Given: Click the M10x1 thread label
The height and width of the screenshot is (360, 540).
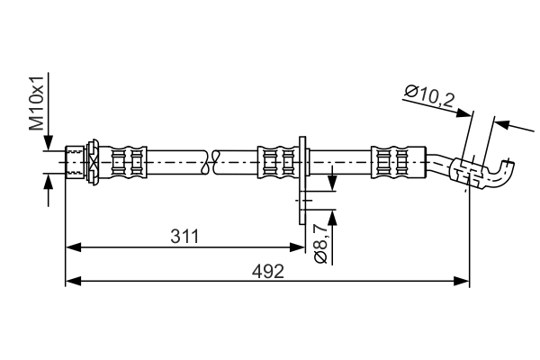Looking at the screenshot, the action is pos(37,103).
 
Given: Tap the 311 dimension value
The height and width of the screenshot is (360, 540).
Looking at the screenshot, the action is pos(184,237).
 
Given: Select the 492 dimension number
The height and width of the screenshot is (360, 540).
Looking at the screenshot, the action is pos(268,272).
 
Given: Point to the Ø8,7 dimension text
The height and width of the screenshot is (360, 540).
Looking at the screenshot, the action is pos(320,243).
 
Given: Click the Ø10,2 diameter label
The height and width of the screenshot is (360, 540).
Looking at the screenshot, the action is pos(430,97).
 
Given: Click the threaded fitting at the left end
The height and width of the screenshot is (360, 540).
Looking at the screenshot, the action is pos(75,162).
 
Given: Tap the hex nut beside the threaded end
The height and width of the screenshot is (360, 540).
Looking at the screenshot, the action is pos(93,162).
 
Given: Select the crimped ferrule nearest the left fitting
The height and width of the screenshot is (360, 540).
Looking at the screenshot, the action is pos(128,162).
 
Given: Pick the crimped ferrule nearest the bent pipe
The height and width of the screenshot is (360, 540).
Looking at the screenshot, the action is pos(399,162).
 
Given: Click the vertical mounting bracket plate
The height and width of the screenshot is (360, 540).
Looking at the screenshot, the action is pos(302,180).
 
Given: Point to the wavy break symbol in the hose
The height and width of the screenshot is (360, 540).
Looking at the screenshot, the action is pos(211,162).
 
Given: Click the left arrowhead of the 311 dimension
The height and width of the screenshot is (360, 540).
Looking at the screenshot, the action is pos(73,247).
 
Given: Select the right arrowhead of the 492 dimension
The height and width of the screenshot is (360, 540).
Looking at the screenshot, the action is pos(462,281).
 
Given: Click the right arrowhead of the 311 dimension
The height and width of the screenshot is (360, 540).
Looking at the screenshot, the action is pos(297,247).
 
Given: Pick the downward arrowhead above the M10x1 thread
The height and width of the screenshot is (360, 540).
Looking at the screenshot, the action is pos(49,142).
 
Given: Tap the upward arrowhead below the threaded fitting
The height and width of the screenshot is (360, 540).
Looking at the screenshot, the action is pos(49,182).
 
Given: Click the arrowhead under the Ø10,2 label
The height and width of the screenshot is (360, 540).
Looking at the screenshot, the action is pos(463,112).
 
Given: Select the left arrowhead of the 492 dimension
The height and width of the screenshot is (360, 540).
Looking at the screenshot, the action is pos(73,281).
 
